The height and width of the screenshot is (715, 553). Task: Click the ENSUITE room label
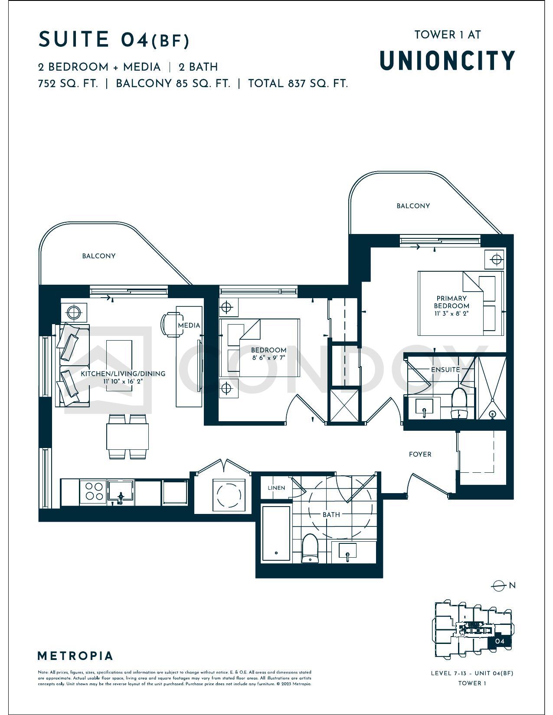pyautogui.click(x=445, y=370)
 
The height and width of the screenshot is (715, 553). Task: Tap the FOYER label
pyautogui.click(x=420, y=454)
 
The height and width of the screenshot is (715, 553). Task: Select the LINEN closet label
pyautogui.click(x=276, y=487)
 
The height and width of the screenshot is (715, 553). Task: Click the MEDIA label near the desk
pyautogui.click(x=189, y=325)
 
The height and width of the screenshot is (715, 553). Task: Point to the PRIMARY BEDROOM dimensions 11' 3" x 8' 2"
pyautogui.click(x=451, y=313)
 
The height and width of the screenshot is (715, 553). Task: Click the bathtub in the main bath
pyautogui.click(x=276, y=533)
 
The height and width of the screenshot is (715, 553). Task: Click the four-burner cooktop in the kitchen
pyautogui.click(x=94, y=492)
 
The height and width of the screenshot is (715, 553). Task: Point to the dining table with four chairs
pyautogui.click(x=128, y=437)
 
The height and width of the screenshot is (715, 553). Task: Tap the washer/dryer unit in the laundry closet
pyautogui.click(x=229, y=495)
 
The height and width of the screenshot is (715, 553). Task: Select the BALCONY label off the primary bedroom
pyautogui.click(x=413, y=206)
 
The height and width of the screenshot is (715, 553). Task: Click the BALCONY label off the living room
pyautogui.click(x=99, y=256)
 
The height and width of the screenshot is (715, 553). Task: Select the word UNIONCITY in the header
pyautogui.click(x=447, y=61)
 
